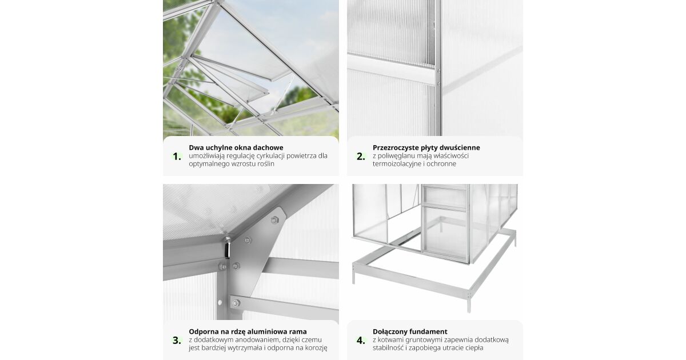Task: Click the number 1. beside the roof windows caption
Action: coord(177,157)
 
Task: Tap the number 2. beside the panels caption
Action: coord(361,157)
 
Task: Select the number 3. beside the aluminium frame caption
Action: coord(177,341)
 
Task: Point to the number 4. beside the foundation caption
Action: coord(361,341)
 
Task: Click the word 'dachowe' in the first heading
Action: coord(269,147)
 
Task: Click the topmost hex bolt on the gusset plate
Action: coord(274,219)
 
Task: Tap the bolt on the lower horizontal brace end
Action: coord(236,303)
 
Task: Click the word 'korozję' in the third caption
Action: coord(316,348)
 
